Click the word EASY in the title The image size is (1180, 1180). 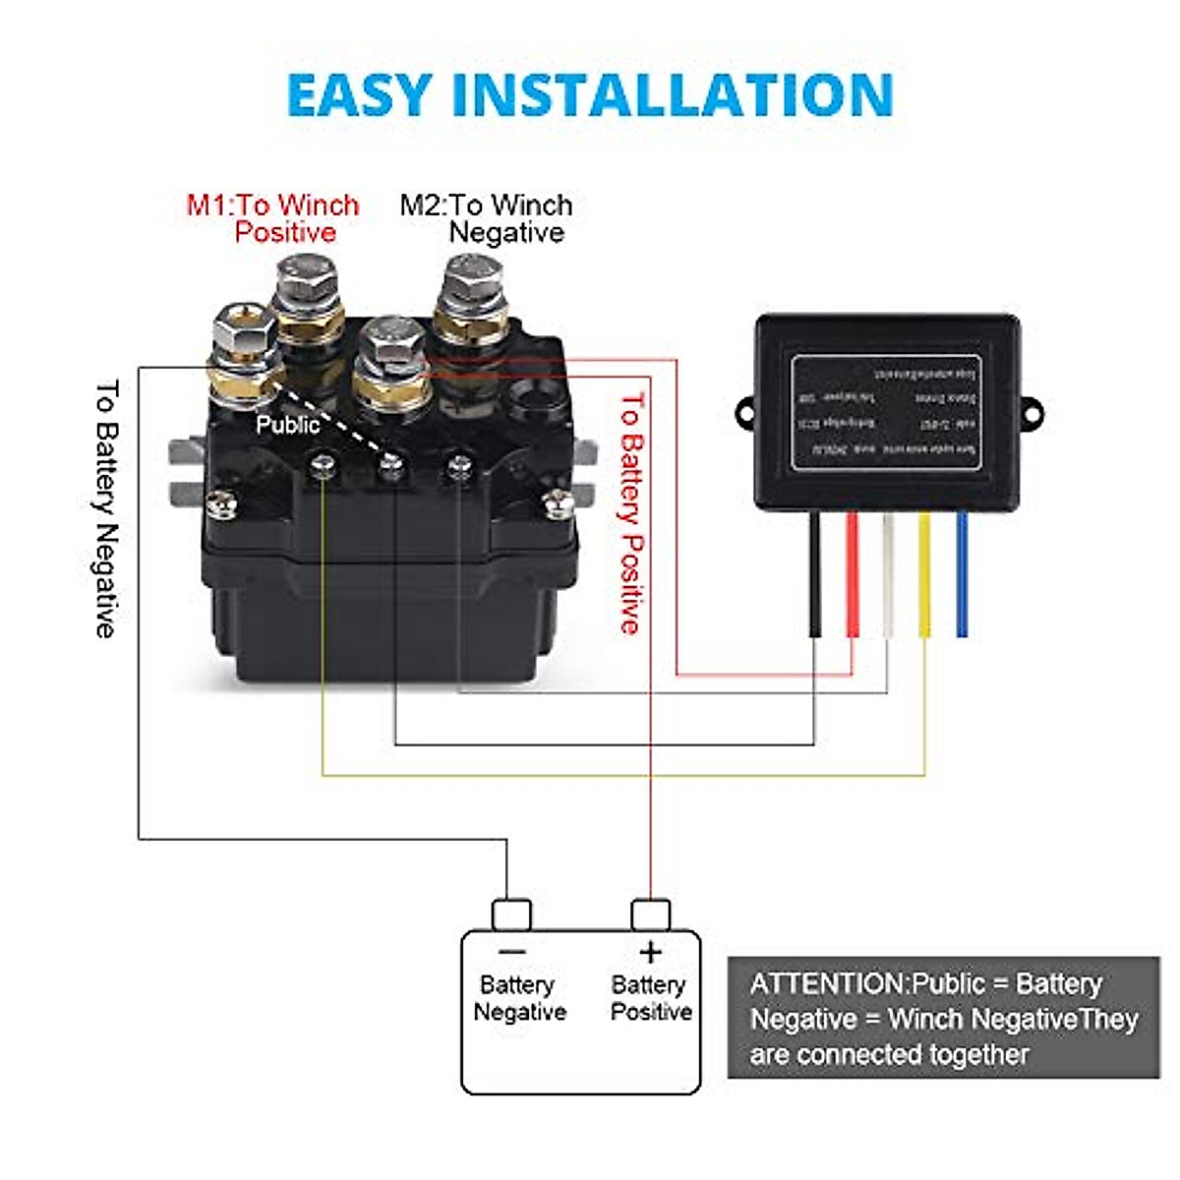359,95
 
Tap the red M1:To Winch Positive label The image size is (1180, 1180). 273,218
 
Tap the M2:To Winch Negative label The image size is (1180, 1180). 487,218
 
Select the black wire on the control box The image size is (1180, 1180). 815,575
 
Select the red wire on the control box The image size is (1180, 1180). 852,575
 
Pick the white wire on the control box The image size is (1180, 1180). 888,575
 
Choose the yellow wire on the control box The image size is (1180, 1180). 924,575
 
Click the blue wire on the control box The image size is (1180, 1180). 961,575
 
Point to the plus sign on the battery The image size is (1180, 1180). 650,952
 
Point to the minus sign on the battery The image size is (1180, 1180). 512,952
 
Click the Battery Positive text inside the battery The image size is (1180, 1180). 650,998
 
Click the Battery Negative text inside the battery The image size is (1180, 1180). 518,998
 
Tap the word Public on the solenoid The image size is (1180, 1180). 287,425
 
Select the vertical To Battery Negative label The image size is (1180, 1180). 106,508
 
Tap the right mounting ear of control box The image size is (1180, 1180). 1030,412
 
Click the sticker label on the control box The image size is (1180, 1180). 886,413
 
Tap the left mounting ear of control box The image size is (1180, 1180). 745,412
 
